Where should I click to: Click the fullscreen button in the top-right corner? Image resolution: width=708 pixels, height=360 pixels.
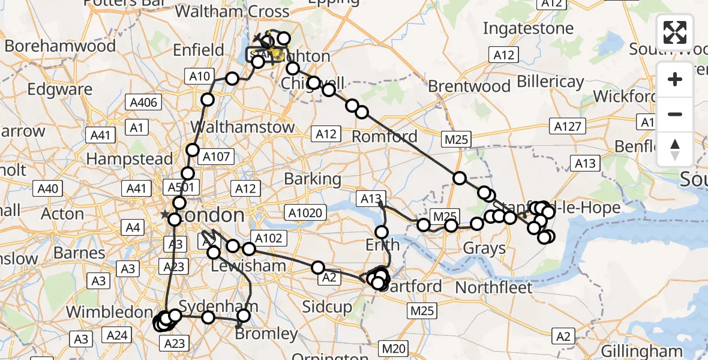[x=675, y=32]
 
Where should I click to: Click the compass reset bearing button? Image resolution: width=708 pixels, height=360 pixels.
[x=675, y=149]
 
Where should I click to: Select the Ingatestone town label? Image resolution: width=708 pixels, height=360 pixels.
[x=528, y=28]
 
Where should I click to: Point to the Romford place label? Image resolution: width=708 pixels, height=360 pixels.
[x=384, y=136]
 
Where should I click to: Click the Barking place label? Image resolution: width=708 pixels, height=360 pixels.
[x=313, y=179]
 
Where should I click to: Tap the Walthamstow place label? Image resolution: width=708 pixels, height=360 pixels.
[x=242, y=127]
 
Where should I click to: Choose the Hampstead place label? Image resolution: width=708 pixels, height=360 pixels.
[x=130, y=160]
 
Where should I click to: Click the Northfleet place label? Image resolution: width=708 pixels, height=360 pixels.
[x=494, y=287]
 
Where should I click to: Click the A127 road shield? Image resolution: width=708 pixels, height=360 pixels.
[x=568, y=127]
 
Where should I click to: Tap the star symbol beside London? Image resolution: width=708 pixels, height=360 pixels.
[x=164, y=214]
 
